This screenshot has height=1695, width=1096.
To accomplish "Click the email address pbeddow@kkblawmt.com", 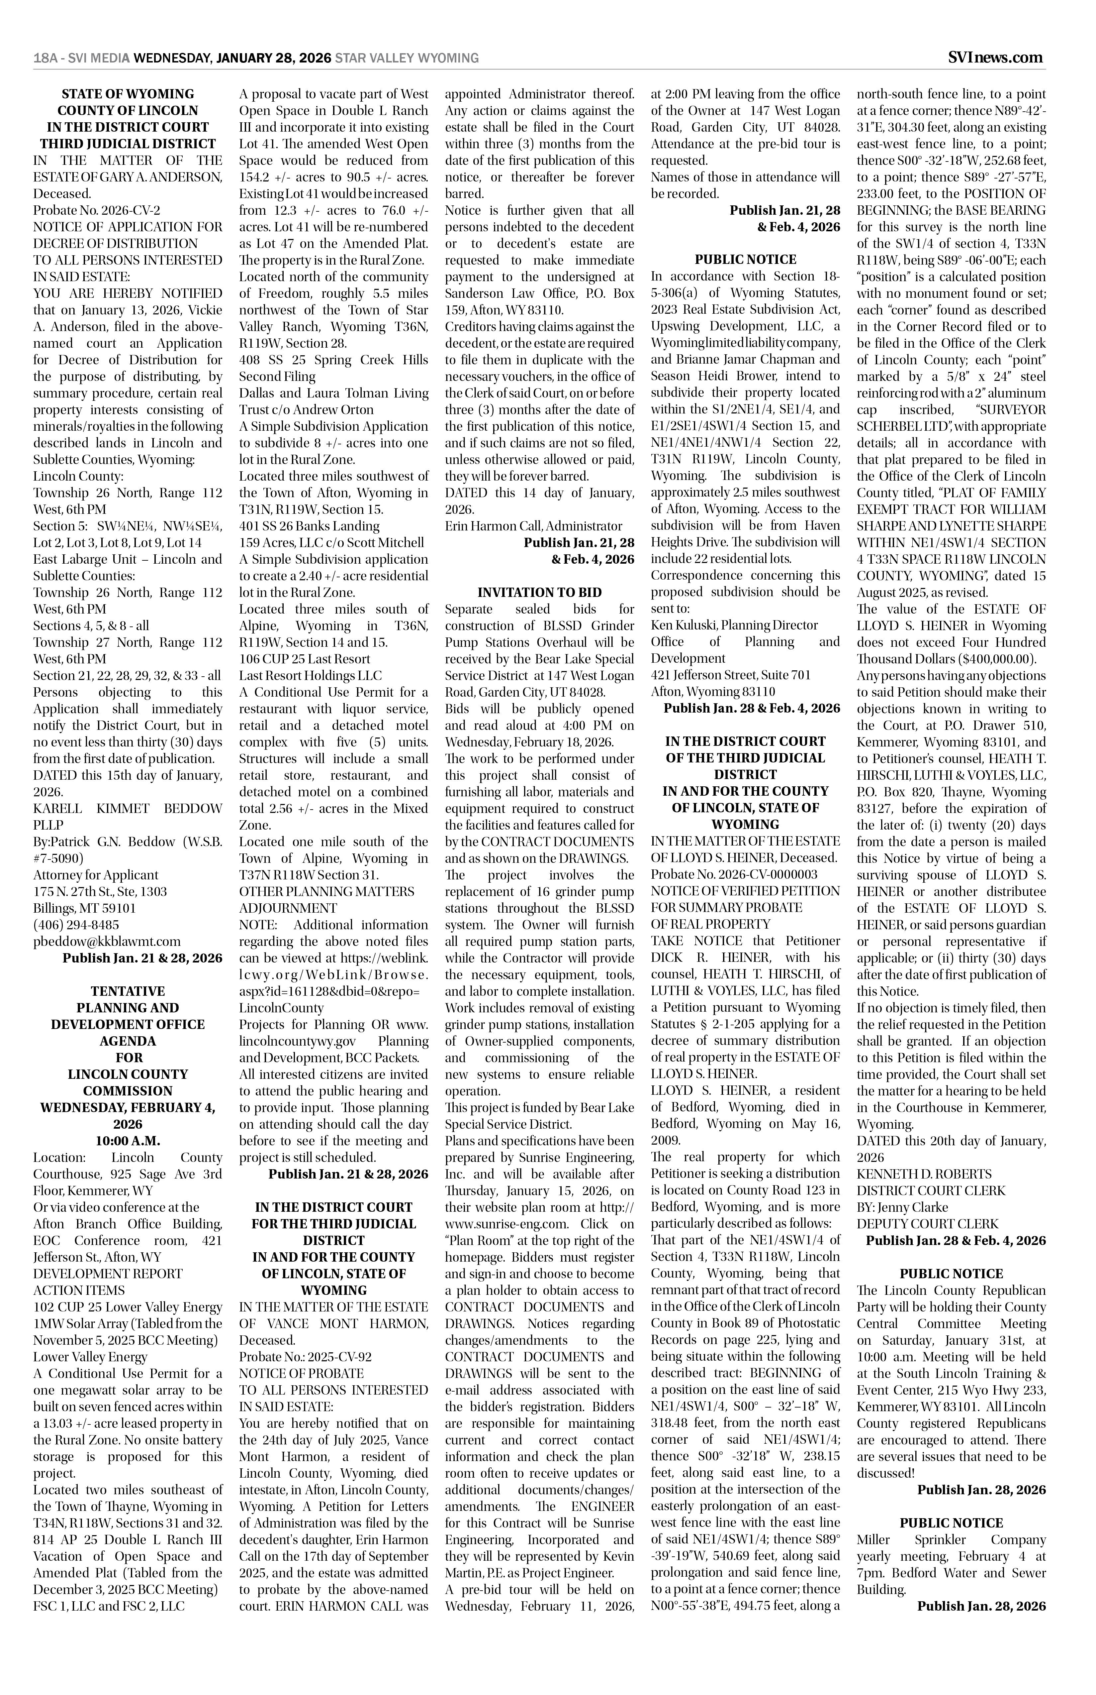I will (107, 942).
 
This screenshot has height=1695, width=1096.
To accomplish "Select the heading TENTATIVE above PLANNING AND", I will (128, 991).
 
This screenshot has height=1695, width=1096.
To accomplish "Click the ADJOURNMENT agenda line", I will (288, 908).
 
